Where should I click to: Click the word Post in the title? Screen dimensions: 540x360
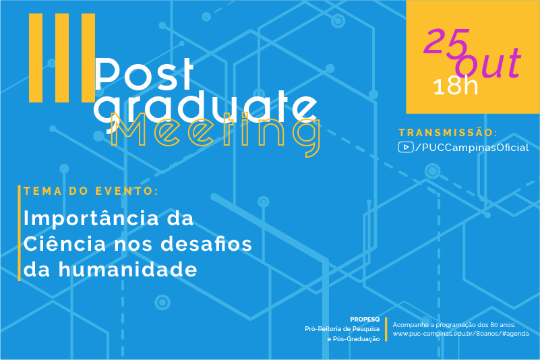[x=144, y=73]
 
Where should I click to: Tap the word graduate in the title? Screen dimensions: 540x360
[x=206, y=108]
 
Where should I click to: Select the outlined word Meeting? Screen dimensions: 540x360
[x=216, y=133]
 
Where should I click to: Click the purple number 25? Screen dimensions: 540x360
[x=447, y=42]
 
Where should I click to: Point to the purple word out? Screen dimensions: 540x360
[x=488, y=63]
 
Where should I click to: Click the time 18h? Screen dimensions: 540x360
[x=456, y=86]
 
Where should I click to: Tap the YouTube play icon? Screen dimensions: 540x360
[x=406, y=147]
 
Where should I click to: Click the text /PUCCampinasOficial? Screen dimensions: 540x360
[x=472, y=148]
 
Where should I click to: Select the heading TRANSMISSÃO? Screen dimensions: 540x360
[x=448, y=133]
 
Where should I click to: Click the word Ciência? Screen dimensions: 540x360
[x=65, y=243]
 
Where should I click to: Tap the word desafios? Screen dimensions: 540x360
[x=206, y=243]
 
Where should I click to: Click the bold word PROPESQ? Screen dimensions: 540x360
[x=365, y=320]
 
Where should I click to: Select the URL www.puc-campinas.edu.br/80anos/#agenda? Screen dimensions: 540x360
[x=461, y=334]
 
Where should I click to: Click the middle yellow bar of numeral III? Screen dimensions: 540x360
[x=62, y=58]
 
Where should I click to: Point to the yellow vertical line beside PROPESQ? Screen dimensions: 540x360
[x=386, y=330]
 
